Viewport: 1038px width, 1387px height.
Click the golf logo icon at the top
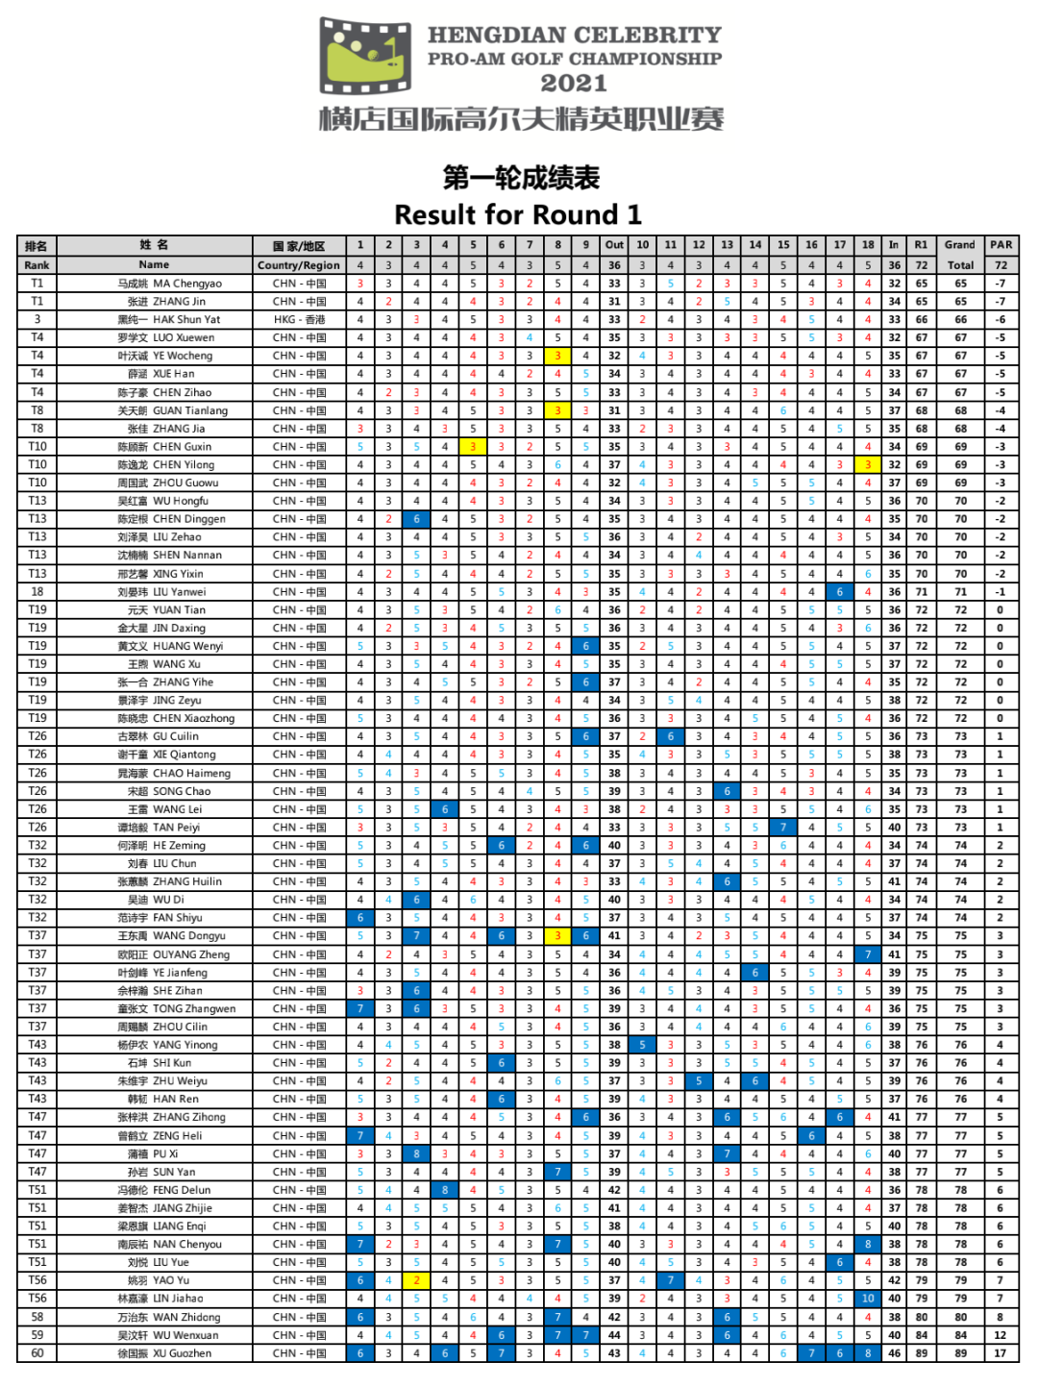(370, 56)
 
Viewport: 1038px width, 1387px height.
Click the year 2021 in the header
(573, 84)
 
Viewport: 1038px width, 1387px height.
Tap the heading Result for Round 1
(518, 214)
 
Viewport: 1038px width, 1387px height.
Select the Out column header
(614, 245)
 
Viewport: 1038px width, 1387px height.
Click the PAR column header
(1001, 245)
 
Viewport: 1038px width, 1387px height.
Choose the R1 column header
(922, 245)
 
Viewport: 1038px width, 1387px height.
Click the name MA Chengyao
(186, 284)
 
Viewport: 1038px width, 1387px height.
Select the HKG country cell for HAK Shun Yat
(299, 319)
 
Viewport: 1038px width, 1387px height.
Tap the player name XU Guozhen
(186, 1353)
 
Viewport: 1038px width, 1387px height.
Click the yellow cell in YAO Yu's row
(416, 1280)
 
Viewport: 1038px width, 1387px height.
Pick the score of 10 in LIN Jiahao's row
(868, 1299)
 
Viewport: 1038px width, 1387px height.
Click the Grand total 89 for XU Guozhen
(960, 1353)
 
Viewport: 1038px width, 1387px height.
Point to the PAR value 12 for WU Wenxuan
(1001, 1335)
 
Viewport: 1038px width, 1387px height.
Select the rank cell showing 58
(37, 1317)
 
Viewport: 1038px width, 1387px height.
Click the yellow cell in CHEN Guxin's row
(473, 447)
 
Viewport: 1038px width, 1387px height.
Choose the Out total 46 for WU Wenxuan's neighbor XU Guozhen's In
(894, 1353)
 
